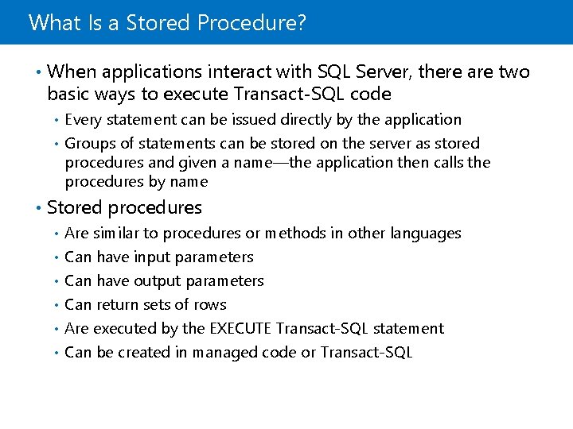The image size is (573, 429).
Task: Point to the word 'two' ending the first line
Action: [x=514, y=72]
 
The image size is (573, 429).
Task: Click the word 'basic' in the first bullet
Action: [x=68, y=95]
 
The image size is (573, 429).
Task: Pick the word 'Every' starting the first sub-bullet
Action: [x=83, y=120]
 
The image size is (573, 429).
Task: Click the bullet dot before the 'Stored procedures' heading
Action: [x=38, y=208]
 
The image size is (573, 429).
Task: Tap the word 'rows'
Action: [x=210, y=305]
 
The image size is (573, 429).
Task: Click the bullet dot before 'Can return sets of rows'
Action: [x=56, y=305]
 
